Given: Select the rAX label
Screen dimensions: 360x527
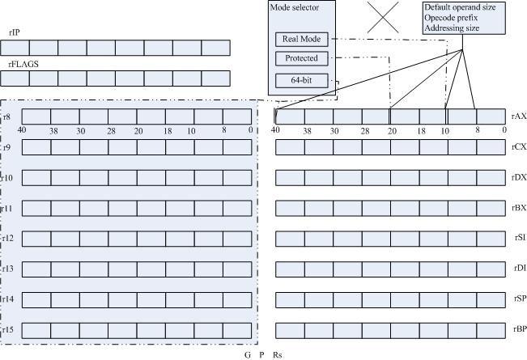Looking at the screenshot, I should coord(519,116).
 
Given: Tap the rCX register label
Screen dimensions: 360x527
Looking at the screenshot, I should coord(519,147).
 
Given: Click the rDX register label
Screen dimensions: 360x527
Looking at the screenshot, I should coord(519,178).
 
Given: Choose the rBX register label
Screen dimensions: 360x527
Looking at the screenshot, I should coord(519,208).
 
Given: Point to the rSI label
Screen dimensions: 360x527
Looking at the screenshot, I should coord(520,238).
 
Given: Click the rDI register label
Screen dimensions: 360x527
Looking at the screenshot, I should coord(520,268).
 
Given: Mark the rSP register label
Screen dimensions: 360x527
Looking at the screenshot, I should coord(520,299).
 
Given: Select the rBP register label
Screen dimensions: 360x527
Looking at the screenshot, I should coord(519,328).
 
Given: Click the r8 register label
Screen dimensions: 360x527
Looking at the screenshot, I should coord(7,117).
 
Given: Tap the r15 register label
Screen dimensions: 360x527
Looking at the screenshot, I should coord(8,328).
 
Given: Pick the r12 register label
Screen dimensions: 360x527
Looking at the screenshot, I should coord(8,238).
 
